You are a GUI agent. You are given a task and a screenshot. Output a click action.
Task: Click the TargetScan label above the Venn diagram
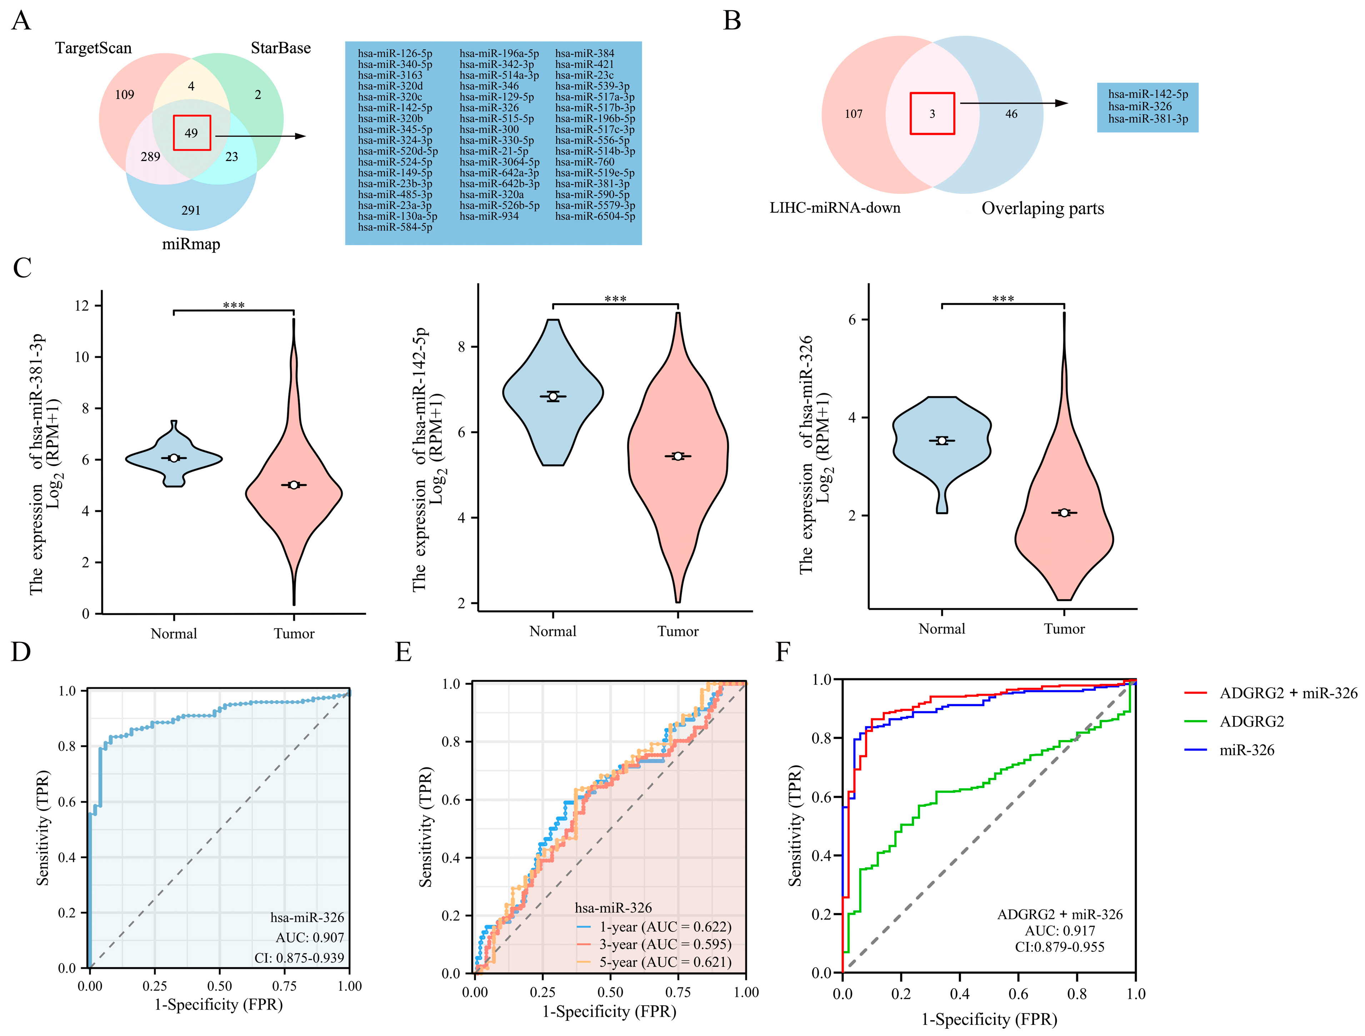93,48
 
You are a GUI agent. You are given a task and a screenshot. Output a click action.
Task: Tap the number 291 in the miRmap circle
191,210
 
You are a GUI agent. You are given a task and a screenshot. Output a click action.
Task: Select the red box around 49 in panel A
192,132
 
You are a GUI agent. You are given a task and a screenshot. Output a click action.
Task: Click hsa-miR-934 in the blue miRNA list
489,216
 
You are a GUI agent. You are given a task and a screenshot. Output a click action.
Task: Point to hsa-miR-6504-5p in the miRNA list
595,216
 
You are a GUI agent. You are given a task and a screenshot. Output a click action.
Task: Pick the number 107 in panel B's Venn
854,114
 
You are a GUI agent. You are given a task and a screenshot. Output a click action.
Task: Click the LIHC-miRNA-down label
835,208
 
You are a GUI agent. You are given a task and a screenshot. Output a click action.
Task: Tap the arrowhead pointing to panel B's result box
1061,103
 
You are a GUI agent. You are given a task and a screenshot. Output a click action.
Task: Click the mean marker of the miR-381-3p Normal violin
174,458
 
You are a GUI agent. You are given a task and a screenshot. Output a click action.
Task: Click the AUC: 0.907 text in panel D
310,938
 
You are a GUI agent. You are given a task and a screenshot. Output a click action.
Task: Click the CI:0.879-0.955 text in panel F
1060,947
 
